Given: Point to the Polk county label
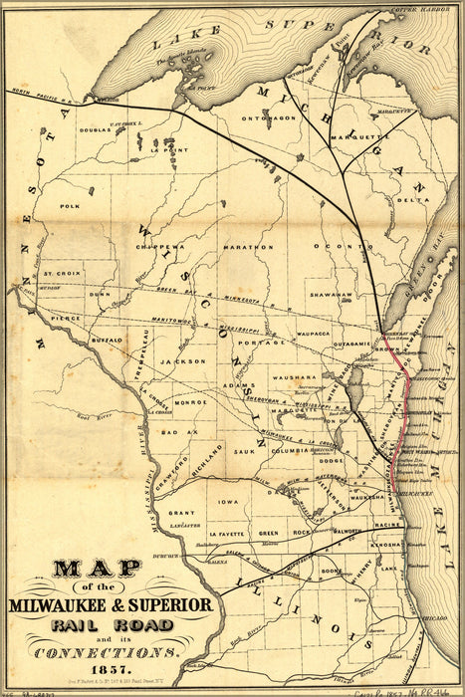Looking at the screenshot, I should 70,206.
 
